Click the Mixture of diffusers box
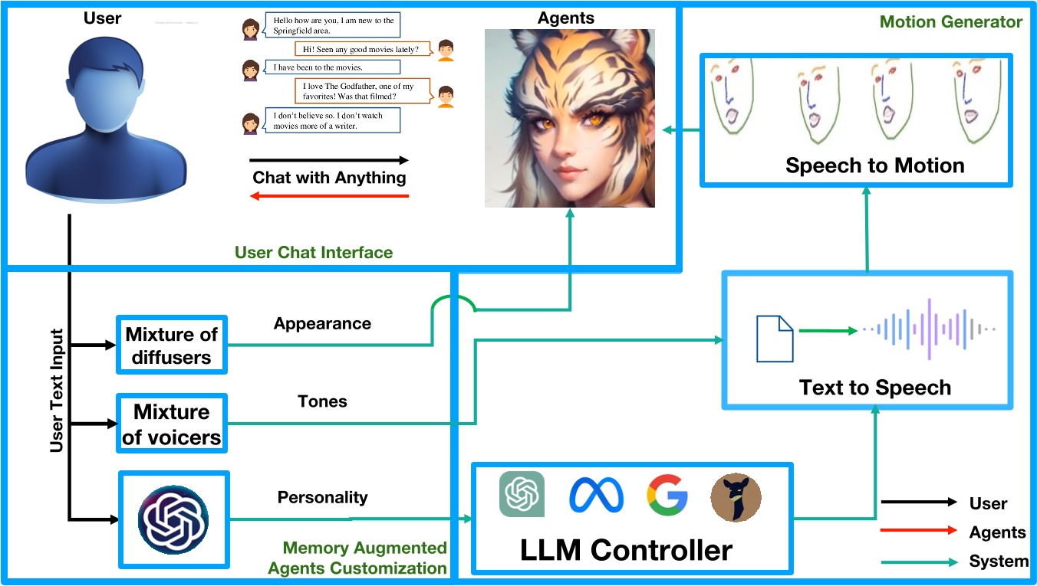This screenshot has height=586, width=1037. coord(172,345)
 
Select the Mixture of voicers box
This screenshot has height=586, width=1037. coord(172,424)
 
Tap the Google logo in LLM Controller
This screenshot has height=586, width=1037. coord(667,494)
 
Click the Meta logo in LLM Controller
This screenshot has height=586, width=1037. coord(596,496)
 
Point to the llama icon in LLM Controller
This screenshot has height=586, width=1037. coord(736,497)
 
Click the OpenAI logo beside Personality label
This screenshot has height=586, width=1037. coord(173,519)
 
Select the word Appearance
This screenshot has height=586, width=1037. coord(322,323)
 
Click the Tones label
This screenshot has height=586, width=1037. coord(322,401)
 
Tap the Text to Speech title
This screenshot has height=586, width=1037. coord(874,388)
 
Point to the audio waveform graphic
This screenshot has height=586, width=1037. coord(929,329)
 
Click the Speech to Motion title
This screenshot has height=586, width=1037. coord(874,165)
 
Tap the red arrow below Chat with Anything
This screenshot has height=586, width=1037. coord(329,196)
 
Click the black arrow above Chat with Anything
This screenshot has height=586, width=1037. coord(329,161)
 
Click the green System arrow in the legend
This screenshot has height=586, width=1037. coord(919,562)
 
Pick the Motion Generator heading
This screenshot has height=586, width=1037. coord(950,21)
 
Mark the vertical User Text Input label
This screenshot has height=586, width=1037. coord(57,391)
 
